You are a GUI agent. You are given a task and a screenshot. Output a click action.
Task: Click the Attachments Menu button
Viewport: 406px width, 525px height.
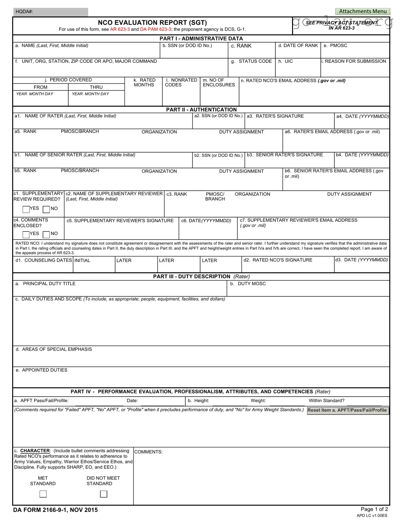pyautogui.click(x=362, y=11)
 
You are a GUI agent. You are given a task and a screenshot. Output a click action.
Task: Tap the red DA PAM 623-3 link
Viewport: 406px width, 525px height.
pyautogui.click(x=155, y=29)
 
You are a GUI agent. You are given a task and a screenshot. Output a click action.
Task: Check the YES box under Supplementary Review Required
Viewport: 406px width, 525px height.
pyautogui.click(x=26, y=209)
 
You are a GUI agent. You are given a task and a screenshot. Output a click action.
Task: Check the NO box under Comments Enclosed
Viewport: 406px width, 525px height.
pyautogui.click(x=46, y=234)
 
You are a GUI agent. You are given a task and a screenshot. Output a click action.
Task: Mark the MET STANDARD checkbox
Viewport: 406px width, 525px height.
pyautogui.click(x=43, y=494)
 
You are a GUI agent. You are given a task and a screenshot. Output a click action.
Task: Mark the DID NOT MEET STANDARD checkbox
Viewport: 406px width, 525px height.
pyautogui.click(x=103, y=494)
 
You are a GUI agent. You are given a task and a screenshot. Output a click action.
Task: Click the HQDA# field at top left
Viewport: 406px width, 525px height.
pyautogui.click(x=50, y=12)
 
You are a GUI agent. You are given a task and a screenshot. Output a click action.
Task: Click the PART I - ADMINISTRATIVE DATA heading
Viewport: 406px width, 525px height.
pyautogui.click(x=201, y=38)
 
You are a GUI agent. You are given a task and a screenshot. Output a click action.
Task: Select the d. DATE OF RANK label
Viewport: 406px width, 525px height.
pyautogui.click(x=298, y=46)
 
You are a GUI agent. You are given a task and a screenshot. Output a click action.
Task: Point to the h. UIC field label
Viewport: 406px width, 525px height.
pyautogui.click(x=285, y=61)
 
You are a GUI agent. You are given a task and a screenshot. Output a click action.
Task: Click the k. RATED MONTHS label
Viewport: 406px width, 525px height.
pyautogui.click(x=144, y=82)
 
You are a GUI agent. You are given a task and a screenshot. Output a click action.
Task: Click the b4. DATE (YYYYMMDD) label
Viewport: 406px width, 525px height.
pyautogui.click(x=362, y=155)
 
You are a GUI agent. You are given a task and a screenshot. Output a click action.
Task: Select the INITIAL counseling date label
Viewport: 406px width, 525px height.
pyautogui.click(x=82, y=260)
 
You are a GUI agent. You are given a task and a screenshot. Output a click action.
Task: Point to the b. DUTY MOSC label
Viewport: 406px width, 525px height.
pyautogui.click(x=248, y=284)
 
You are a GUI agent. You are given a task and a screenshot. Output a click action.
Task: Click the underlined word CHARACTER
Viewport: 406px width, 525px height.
pyautogui.click(x=35, y=451)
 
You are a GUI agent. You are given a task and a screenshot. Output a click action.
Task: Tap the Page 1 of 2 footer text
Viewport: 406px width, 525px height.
pyautogui.click(x=374, y=509)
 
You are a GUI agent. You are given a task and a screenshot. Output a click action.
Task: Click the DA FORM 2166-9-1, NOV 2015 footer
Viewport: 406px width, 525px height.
pyautogui.click(x=55, y=510)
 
